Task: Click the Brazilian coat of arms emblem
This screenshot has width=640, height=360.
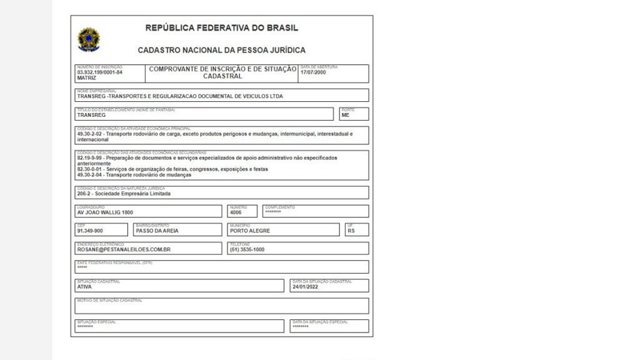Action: tap(88, 39)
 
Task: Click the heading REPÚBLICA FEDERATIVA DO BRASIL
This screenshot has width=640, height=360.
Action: tap(221, 28)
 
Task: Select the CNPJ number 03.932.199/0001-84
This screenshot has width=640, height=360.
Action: tap(99, 72)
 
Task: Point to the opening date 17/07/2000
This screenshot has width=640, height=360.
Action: tap(313, 72)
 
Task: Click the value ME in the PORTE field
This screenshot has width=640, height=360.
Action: tap(346, 116)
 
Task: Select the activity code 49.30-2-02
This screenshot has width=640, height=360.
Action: tap(92, 134)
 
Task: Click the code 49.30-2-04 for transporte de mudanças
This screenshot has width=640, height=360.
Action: tap(92, 175)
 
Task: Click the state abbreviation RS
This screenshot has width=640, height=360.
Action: tap(351, 231)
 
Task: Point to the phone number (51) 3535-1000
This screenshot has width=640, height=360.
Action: tap(247, 249)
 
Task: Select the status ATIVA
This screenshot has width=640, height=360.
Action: tap(84, 287)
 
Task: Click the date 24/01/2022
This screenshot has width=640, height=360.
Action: tap(305, 287)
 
